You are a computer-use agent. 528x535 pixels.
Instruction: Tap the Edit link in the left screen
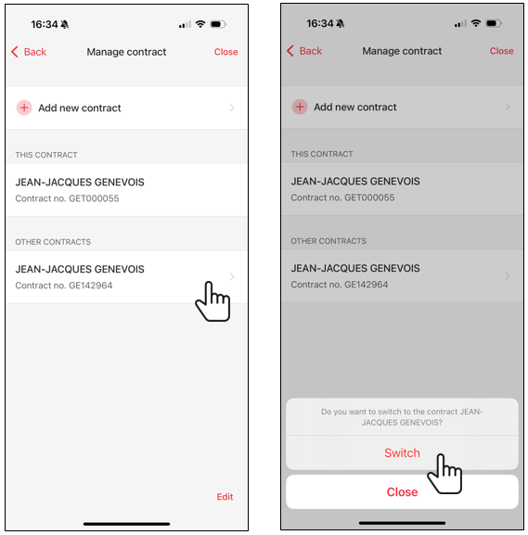(x=225, y=496)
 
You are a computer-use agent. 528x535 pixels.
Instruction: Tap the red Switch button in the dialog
(x=402, y=452)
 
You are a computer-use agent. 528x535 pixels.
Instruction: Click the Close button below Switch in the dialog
(x=402, y=491)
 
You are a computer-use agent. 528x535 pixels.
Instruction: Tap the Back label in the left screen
(x=35, y=52)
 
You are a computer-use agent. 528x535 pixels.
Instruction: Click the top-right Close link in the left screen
(x=225, y=52)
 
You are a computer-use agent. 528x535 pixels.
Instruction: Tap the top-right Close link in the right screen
(x=501, y=51)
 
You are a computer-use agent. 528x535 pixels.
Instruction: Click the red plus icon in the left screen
(x=24, y=108)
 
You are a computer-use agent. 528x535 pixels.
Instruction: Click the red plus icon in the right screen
(x=300, y=107)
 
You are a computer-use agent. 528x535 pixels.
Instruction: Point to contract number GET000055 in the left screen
(x=68, y=198)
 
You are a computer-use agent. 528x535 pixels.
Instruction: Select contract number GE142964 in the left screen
(x=64, y=286)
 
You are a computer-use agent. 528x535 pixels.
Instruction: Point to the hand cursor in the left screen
(x=213, y=301)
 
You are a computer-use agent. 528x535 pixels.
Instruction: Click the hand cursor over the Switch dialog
(x=444, y=474)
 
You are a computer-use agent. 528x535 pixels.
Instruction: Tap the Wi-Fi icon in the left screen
(x=200, y=24)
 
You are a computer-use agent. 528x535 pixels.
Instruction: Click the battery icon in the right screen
(x=494, y=23)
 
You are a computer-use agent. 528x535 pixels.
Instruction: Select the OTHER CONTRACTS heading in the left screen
(x=53, y=242)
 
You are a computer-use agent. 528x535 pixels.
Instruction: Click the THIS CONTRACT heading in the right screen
(x=322, y=154)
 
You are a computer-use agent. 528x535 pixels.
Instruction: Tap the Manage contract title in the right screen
(x=402, y=51)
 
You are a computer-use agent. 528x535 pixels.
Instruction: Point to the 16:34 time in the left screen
(x=45, y=24)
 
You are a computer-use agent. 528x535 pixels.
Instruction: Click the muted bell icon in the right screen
(x=341, y=23)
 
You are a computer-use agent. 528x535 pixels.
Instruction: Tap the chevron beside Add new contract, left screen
(x=232, y=108)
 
